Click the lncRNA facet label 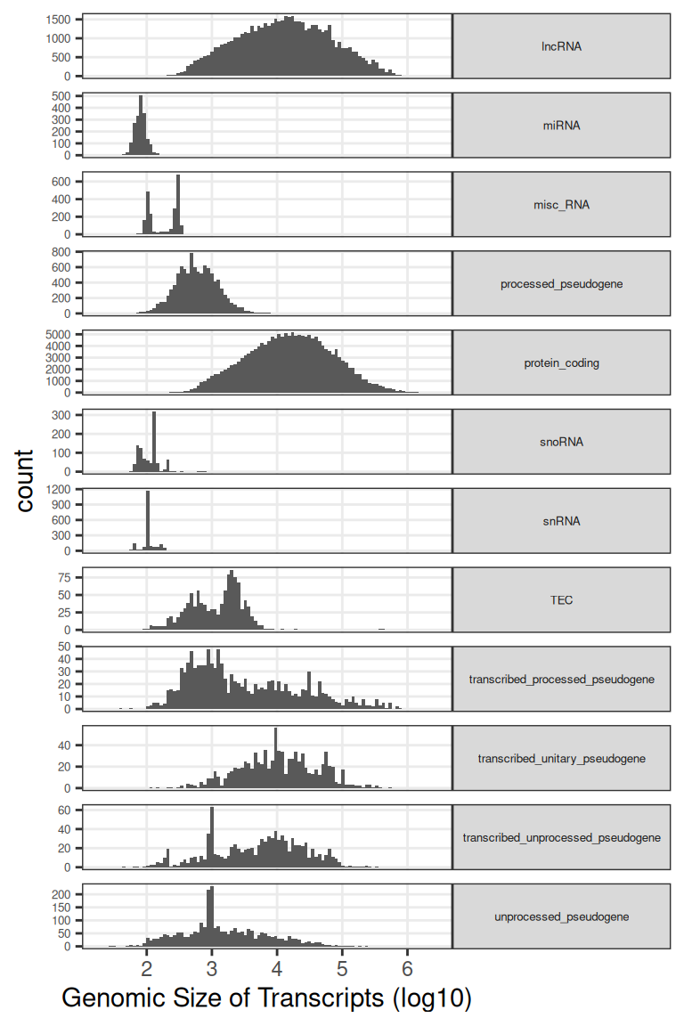(561, 46)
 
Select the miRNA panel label (561, 126)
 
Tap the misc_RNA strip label (561, 205)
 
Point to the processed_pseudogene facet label (561, 284)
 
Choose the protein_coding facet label (561, 363)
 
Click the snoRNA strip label (561, 442)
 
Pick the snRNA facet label (561, 521)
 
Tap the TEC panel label (561, 600)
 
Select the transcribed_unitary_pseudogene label (561, 759)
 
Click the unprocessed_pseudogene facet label (561, 916)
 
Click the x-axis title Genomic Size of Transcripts (265, 998)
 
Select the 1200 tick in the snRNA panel (59, 489)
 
